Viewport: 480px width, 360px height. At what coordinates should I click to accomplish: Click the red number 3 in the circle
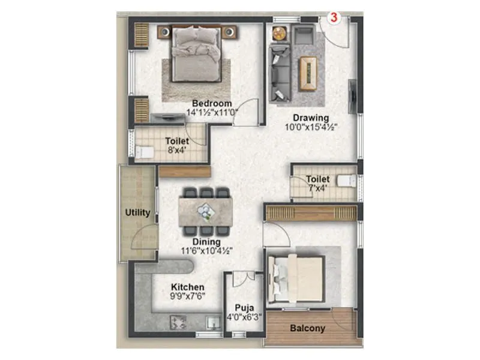click(334, 17)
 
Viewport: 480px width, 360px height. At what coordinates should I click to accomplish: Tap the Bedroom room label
click(208, 104)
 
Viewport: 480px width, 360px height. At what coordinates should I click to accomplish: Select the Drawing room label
click(311, 117)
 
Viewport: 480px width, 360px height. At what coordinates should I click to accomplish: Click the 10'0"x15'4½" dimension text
click(311, 127)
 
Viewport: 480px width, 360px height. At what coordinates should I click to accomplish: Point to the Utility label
click(137, 212)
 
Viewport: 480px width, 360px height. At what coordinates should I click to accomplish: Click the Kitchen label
click(187, 287)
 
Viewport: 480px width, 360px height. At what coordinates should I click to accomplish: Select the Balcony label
click(307, 328)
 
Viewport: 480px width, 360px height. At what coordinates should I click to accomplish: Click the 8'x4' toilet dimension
click(177, 151)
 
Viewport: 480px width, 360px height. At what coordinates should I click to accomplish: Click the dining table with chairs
click(206, 212)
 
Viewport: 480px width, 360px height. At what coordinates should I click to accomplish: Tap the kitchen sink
click(211, 323)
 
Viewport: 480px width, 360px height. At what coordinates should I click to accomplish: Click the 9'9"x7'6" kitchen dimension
click(187, 296)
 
